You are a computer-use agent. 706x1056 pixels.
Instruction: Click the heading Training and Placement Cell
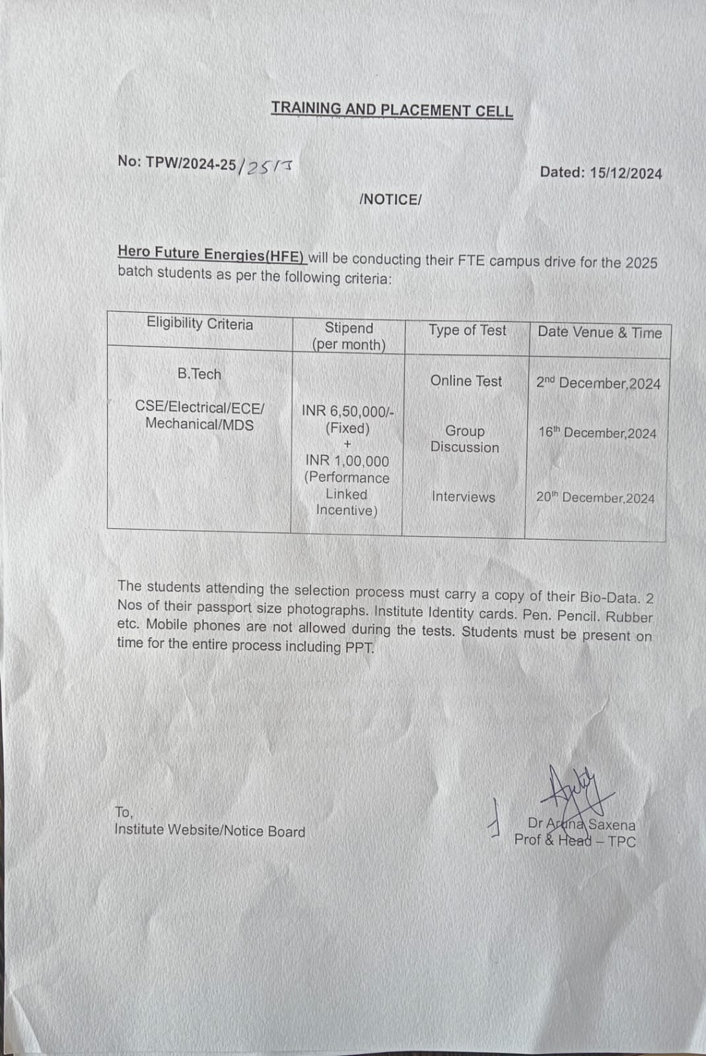(392, 110)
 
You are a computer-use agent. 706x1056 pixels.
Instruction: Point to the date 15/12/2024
(625, 174)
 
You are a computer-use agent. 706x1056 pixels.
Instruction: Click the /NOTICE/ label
(390, 199)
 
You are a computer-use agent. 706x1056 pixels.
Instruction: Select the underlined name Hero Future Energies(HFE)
(211, 253)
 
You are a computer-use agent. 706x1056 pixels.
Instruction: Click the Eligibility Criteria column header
(199, 323)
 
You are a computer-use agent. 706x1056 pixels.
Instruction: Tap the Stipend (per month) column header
(349, 336)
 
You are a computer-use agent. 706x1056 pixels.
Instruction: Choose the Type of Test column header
(467, 330)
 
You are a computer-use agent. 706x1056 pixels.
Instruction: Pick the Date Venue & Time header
(599, 333)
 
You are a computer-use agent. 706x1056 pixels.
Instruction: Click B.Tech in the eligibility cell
(199, 374)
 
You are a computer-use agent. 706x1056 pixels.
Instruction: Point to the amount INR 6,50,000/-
(348, 411)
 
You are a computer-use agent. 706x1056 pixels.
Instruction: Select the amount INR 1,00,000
(347, 461)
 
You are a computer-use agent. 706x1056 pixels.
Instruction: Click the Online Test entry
(466, 381)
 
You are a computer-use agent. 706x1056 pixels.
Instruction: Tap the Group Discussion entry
(465, 439)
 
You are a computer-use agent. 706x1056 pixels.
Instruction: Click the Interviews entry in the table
(463, 497)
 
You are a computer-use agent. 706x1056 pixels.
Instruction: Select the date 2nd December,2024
(598, 383)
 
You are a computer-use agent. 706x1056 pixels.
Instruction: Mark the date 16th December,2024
(598, 433)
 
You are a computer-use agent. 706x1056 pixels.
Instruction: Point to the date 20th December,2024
(596, 498)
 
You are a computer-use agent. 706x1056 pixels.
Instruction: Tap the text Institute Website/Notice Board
(210, 831)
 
